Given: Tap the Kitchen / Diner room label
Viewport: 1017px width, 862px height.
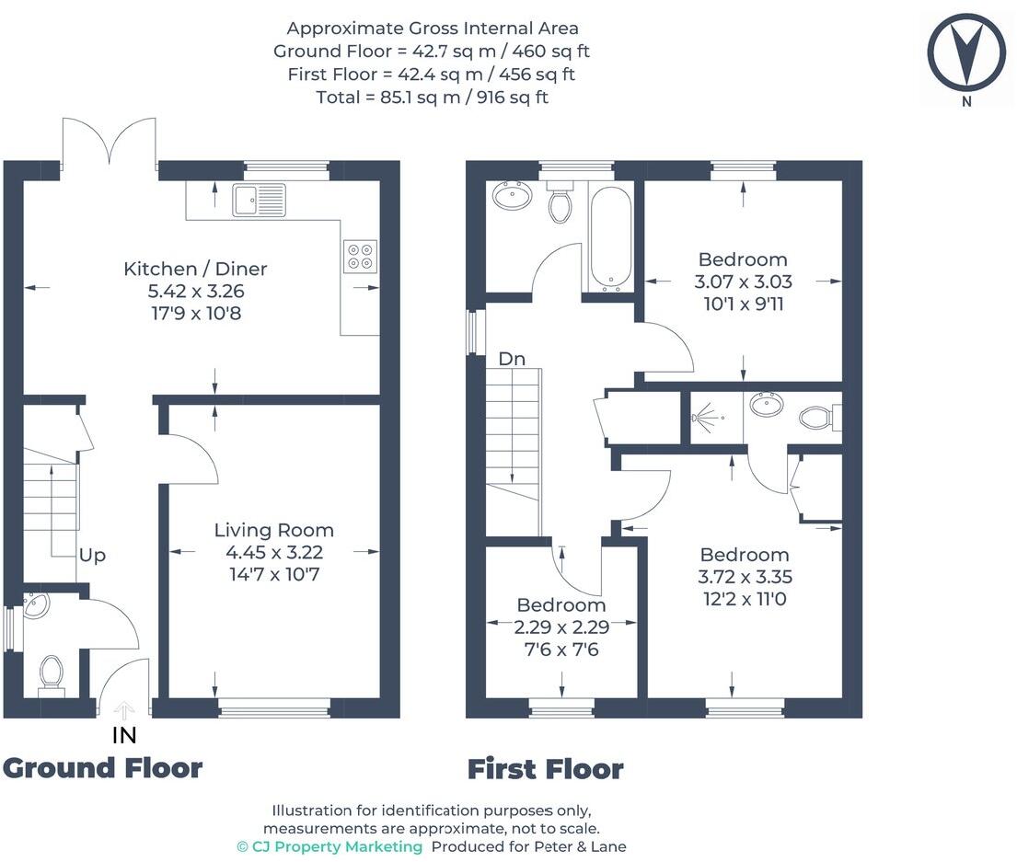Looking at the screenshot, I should pyautogui.click(x=195, y=270).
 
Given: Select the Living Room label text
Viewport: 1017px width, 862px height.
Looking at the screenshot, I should pyautogui.click(x=273, y=531).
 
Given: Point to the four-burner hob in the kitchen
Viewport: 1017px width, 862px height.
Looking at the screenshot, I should pyautogui.click(x=359, y=256).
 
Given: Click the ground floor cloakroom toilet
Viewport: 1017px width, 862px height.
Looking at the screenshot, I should pyautogui.click(x=51, y=672).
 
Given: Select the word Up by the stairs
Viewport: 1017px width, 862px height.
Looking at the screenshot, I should pyautogui.click(x=92, y=556).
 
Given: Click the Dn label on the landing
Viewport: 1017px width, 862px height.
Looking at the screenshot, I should pyautogui.click(x=512, y=359).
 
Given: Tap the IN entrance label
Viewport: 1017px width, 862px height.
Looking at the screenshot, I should pyautogui.click(x=124, y=734).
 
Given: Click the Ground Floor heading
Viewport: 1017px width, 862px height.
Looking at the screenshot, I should pyautogui.click(x=102, y=767).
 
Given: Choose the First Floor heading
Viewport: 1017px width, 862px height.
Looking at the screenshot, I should pyautogui.click(x=545, y=768).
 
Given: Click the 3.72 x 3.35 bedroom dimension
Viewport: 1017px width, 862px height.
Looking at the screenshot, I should pyautogui.click(x=744, y=578).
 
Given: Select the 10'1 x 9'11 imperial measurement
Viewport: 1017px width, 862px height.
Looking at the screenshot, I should pyautogui.click(x=742, y=304).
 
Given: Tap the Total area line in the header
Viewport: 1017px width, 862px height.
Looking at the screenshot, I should pyautogui.click(x=432, y=97).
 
